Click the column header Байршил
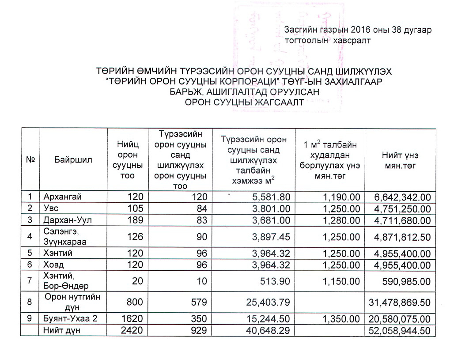73,160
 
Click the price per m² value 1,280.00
341,220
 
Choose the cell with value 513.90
276,281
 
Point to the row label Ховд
54,265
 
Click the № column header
30,160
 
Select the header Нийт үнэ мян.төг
400,160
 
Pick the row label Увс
50,208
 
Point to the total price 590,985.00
406,281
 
